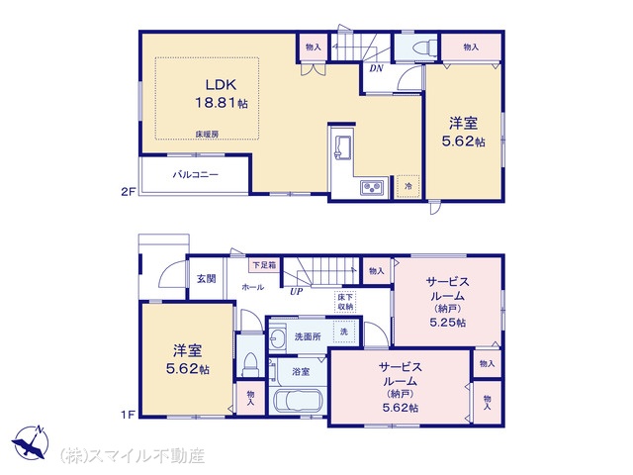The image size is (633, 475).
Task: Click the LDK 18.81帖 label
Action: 222,94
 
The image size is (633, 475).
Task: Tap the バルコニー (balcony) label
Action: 196,175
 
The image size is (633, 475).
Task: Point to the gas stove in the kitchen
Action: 373,187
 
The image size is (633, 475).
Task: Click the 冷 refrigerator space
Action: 408,186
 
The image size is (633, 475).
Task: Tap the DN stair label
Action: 376,68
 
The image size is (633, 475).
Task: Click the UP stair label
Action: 296,292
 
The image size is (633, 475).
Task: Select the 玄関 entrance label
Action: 207,279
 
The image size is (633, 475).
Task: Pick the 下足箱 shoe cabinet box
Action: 264,265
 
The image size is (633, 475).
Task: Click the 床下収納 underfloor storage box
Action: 345,302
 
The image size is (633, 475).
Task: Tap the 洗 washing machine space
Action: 344,332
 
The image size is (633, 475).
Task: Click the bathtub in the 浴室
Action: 298,401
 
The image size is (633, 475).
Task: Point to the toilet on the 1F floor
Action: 249,365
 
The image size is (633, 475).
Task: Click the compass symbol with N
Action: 31,442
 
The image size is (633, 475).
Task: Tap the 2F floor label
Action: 128,192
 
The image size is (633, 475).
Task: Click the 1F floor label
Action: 128,415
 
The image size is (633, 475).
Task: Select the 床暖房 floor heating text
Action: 207,135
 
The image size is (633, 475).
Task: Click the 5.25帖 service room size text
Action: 448,323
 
